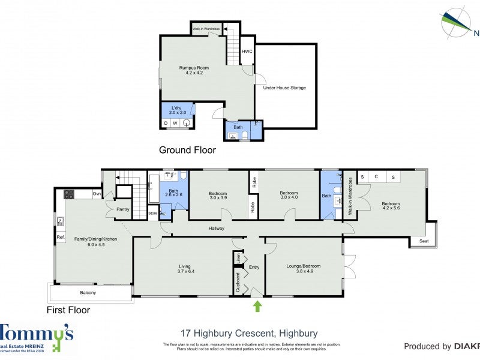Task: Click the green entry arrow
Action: pos(257,306)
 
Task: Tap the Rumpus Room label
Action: pos(193,70)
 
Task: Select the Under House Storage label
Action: pos(284,88)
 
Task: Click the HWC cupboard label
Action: pos(247,52)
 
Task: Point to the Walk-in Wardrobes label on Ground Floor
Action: pos(206,29)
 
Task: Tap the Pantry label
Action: pos(123,209)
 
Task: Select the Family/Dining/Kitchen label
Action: pos(95,242)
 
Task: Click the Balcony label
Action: pos(88,293)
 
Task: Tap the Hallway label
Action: pos(216,228)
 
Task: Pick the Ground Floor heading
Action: pos(187,151)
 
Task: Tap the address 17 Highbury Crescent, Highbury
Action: pos(249,334)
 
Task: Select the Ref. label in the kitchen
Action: pos(60,238)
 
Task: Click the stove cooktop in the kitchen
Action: pos(68,194)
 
